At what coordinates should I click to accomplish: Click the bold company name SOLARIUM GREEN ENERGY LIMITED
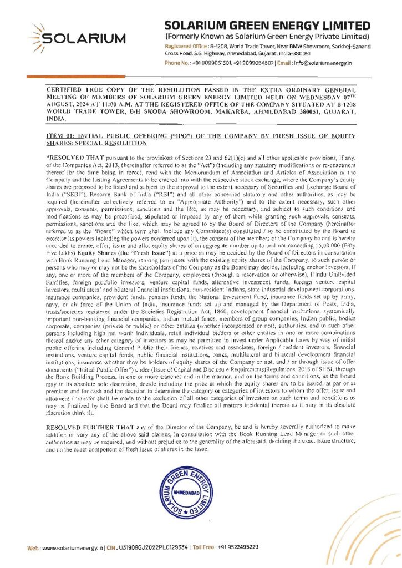[x=268, y=26]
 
